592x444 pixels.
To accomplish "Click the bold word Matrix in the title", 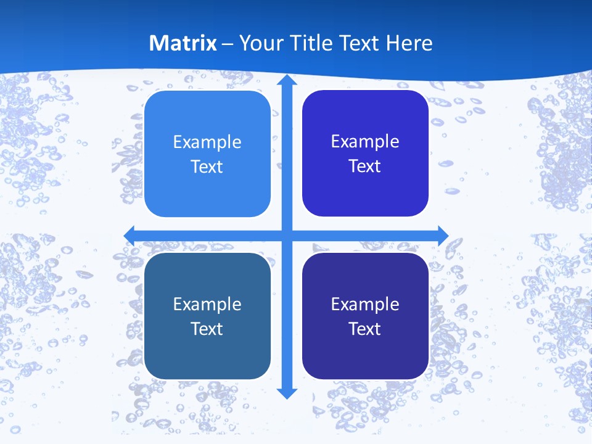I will pyautogui.click(x=183, y=43).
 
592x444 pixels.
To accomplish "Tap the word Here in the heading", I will pyautogui.click(x=409, y=43).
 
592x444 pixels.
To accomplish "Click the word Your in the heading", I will pyautogui.click(x=259, y=43).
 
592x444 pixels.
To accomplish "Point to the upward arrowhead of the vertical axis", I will pyautogui.click(x=287, y=80).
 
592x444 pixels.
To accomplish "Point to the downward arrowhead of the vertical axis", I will pyautogui.click(x=287, y=393).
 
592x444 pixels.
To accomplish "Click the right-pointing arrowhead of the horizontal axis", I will pyautogui.click(x=443, y=235).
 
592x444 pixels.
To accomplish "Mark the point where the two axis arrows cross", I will pyautogui.click(x=287, y=235).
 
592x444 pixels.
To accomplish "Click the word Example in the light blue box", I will pyautogui.click(x=207, y=142).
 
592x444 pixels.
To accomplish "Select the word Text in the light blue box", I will pyautogui.click(x=207, y=166).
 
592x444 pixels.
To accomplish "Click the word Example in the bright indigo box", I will pyautogui.click(x=365, y=142).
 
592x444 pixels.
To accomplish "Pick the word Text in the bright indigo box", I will pyautogui.click(x=365, y=166).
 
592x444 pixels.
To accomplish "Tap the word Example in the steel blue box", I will pyautogui.click(x=207, y=305).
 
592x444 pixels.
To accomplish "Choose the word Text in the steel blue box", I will pyautogui.click(x=207, y=329).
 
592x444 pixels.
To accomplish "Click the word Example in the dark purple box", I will pyautogui.click(x=365, y=305).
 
